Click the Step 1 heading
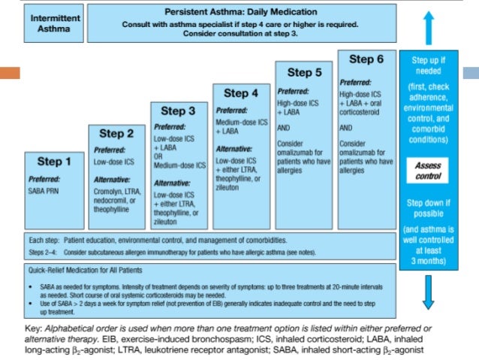point(54,162)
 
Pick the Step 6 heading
point(368,59)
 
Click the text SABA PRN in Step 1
point(46,192)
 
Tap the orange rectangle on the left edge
point(10,74)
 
